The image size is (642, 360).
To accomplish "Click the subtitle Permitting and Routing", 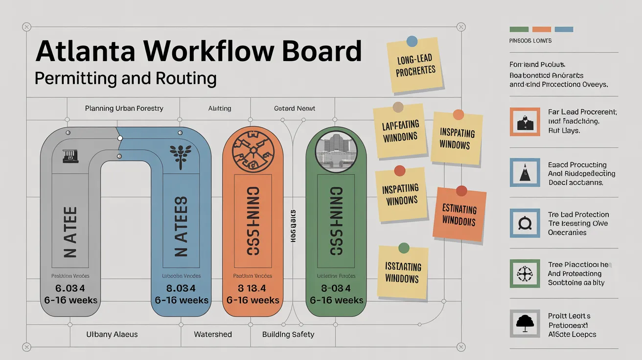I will [x=126, y=78].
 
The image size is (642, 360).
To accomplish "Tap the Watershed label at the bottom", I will [x=213, y=335].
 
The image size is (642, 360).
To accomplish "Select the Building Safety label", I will [x=288, y=335].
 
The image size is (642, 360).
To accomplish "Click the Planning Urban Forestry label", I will [x=124, y=108].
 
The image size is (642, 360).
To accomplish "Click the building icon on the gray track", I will [x=70, y=156].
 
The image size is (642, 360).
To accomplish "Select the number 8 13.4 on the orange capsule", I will [x=253, y=288].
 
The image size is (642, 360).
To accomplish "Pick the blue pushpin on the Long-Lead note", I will [x=412, y=41].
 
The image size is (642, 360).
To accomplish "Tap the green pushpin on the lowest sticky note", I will [x=404, y=248].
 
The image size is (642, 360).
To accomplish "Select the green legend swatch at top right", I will [x=519, y=29].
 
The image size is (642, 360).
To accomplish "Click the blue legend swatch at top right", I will [x=564, y=29].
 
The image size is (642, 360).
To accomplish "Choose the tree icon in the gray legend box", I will [x=525, y=323].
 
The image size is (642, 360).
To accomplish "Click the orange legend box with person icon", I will [x=525, y=121].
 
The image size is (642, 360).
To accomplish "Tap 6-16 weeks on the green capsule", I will [x=337, y=300].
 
